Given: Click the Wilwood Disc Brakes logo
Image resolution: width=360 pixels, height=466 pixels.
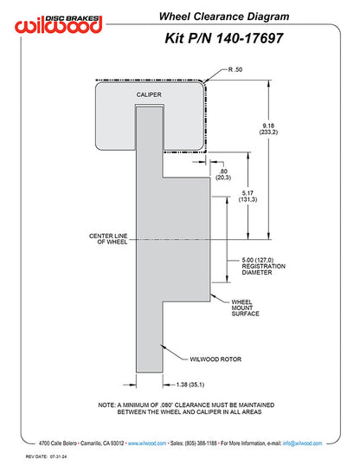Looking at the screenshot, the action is (x=59, y=23).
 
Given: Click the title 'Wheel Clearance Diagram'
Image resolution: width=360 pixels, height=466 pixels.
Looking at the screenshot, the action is (x=224, y=16).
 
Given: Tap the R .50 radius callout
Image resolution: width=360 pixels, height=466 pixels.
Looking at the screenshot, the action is (x=235, y=69).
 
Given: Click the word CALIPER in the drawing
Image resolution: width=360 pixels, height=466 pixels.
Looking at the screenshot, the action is (x=149, y=94).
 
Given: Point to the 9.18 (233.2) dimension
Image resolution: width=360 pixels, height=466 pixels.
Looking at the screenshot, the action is (x=268, y=129).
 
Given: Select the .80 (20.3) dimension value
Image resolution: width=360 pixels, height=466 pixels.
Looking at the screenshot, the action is (x=223, y=174).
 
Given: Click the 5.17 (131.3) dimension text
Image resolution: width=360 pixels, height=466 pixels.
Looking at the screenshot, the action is (x=247, y=196).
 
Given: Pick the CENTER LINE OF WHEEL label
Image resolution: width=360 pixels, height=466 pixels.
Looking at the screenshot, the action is (x=108, y=239).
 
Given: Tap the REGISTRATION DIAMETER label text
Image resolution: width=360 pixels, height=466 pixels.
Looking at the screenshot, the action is (x=263, y=269).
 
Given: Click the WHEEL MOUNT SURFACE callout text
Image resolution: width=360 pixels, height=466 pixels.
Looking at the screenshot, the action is (x=246, y=307).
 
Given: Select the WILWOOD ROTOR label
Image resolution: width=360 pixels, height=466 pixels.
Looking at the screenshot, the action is (x=215, y=359).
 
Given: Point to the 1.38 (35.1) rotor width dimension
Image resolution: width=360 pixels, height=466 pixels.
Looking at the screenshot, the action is (x=190, y=385).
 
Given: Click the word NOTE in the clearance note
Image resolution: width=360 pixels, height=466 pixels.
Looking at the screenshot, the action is (x=106, y=405).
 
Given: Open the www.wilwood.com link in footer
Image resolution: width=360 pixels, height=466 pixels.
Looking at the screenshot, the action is (x=147, y=443).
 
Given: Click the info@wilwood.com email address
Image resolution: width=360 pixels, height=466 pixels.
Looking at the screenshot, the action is (x=302, y=443).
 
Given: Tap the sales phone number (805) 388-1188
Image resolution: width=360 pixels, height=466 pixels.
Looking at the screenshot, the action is (x=201, y=443).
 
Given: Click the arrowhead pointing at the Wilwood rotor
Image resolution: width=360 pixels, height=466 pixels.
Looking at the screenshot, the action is (x=162, y=346).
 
